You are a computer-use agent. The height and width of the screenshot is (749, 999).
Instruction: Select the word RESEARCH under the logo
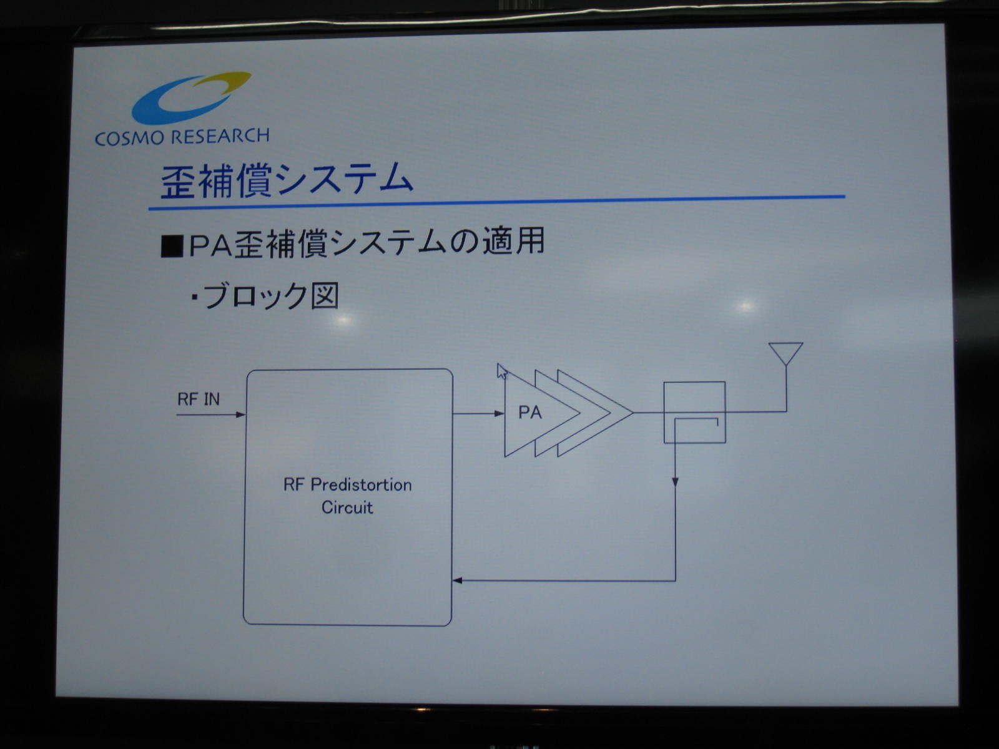point(219,136)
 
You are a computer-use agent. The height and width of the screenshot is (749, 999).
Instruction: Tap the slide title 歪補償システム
point(287,181)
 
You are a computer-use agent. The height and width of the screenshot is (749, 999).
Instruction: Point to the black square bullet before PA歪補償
point(172,247)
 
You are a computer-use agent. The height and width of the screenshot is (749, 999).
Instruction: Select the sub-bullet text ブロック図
point(271,296)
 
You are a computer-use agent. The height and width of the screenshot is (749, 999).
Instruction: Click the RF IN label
point(199,399)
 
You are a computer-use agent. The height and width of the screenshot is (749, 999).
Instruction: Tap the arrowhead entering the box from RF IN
point(240,414)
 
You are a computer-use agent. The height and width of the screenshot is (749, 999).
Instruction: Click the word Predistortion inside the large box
point(362,486)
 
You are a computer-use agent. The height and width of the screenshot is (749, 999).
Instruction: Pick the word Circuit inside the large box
point(347,507)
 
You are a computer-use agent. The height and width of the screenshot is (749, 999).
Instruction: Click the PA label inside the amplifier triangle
point(530,413)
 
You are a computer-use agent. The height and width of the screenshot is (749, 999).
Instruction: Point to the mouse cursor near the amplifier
point(502,371)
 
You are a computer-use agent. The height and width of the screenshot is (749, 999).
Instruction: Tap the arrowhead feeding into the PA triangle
point(499,413)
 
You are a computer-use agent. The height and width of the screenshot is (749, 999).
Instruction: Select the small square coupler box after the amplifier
point(694,412)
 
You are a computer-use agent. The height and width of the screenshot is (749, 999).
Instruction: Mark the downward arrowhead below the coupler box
point(676,482)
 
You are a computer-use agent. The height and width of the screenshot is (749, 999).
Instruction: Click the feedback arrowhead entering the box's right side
point(458,580)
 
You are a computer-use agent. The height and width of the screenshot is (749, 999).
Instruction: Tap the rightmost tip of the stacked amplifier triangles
point(632,413)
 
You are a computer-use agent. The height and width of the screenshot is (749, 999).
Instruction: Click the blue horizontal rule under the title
point(496,203)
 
